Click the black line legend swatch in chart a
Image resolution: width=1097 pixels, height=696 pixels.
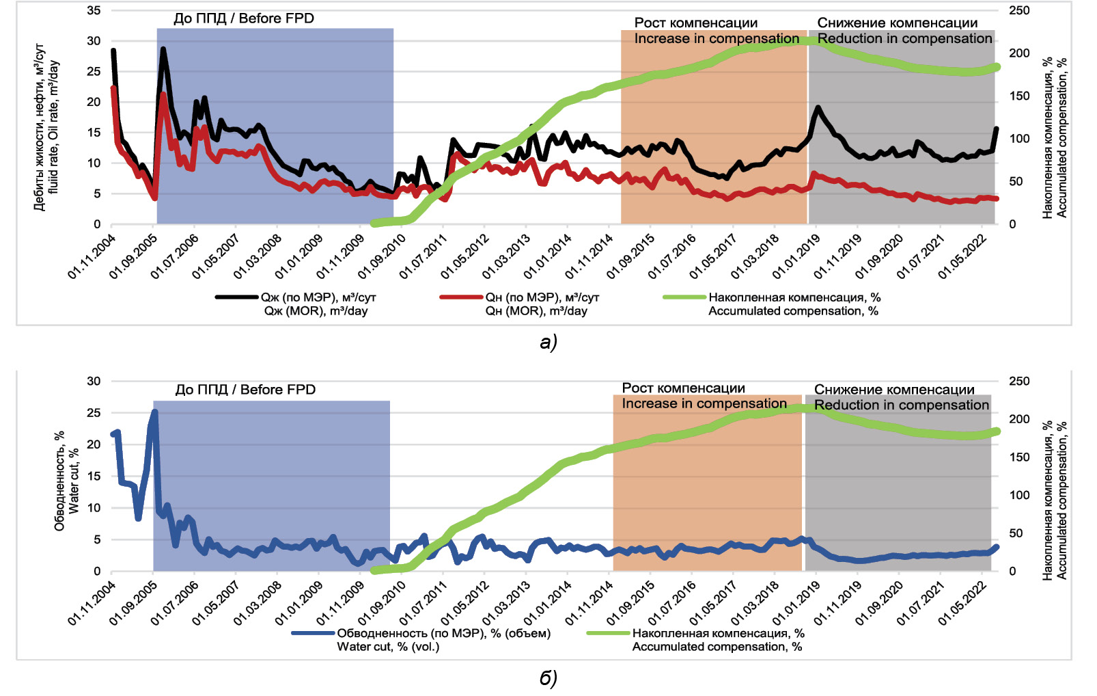point(237,297)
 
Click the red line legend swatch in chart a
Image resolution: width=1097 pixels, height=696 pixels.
point(461,297)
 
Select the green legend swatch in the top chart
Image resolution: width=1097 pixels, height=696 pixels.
point(684,297)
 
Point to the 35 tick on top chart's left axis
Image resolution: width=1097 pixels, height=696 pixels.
point(94,10)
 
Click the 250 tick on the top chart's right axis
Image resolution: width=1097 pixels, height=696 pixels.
point(1019,10)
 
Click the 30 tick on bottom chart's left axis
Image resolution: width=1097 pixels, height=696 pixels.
point(94,381)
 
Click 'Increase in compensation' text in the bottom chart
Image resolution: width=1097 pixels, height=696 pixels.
point(704,403)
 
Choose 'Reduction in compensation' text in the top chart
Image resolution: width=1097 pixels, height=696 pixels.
point(904,38)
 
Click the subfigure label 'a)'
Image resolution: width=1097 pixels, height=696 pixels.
point(548,341)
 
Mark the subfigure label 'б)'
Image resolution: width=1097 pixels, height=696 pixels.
point(548,678)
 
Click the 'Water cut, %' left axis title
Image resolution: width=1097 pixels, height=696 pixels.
point(67,481)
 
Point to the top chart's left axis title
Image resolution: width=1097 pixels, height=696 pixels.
point(46,126)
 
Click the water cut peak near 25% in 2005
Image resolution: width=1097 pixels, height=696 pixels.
point(155,412)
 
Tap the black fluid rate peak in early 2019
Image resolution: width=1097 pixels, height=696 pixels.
point(818,108)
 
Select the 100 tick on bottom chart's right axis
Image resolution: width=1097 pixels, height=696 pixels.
point(1019,495)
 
